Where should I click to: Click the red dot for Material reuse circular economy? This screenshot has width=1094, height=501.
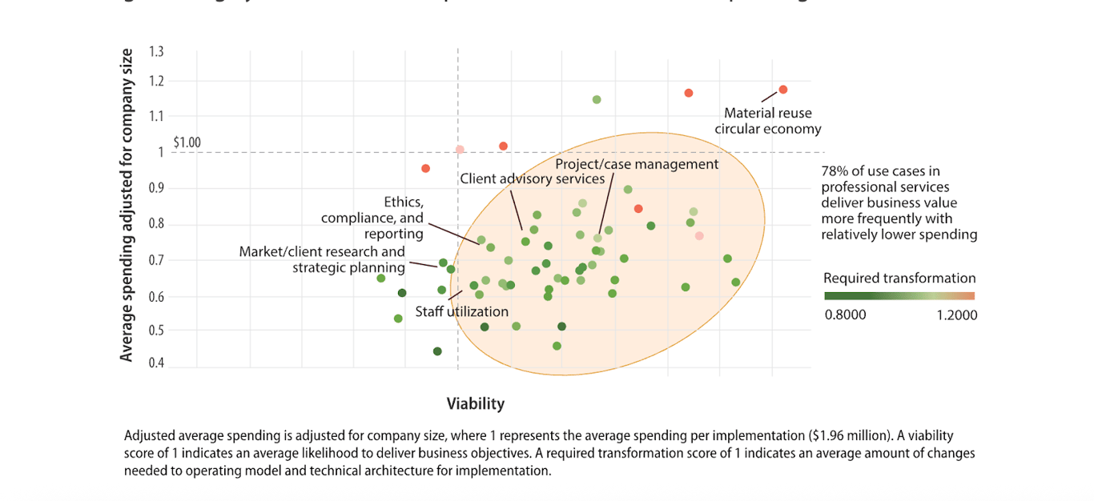tap(783, 90)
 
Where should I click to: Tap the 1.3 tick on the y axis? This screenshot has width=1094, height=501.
tap(156, 52)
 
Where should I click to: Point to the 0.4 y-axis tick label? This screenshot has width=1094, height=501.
tap(156, 363)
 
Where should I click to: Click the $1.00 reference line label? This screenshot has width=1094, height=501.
tap(187, 143)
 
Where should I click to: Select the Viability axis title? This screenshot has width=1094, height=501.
tap(476, 403)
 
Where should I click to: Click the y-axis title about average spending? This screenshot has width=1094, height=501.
tap(127, 205)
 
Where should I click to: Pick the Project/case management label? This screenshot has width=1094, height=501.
tap(637, 164)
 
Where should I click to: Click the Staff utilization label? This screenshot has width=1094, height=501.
tap(461, 311)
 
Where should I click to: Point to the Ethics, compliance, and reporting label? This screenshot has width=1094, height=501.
tap(372, 218)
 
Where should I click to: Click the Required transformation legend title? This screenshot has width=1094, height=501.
tap(899, 279)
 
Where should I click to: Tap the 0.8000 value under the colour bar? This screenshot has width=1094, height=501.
tap(845, 315)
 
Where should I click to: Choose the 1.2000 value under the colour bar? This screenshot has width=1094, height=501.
tap(956, 315)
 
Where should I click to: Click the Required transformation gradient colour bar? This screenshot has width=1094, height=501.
tap(899, 296)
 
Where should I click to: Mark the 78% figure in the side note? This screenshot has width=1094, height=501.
tap(833, 170)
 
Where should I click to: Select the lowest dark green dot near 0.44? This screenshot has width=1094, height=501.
tap(437, 351)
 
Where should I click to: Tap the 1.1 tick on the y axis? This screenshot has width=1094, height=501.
tap(156, 116)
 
